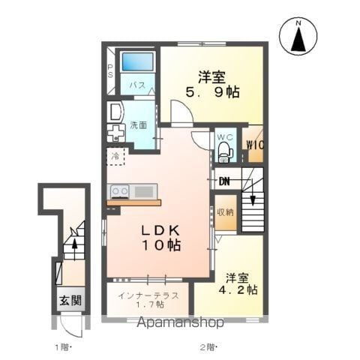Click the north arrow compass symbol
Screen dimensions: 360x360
pyautogui.click(x=298, y=37)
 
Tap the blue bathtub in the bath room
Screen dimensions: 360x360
pyautogui.click(x=137, y=61)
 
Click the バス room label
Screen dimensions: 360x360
pyautogui.click(x=137, y=85)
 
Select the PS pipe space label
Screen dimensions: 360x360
pyautogui.click(x=110, y=71)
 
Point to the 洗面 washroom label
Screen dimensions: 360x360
pyautogui.click(x=138, y=125)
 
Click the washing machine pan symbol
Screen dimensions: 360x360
pyautogui.click(x=116, y=133)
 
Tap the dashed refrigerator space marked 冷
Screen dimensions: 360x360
pyautogui.click(x=115, y=157)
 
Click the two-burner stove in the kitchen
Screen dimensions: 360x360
pyautogui.click(x=120, y=192)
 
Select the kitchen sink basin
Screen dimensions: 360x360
pyautogui.click(x=144, y=192)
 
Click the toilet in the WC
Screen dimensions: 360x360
pyautogui.click(x=225, y=151)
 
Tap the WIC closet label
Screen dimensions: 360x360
pyautogui.click(x=255, y=145)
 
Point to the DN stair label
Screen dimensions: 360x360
pyautogui.click(x=224, y=181)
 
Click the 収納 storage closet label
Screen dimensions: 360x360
pyautogui.click(x=225, y=212)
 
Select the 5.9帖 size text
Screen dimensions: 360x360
pyautogui.click(x=212, y=92)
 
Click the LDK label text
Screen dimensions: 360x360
pyautogui.click(x=160, y=231)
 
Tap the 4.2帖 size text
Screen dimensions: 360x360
pyautogui.click(x=238, y=290)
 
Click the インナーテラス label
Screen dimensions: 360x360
pyautogui.click(x=148, y=295)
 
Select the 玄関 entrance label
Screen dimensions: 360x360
pyautogui.click(x=70, y=300)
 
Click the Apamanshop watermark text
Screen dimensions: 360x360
pyautogui.click(x=180, y=322)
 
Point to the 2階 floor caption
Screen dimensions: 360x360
pyautogui.click(x=208, y=347)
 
